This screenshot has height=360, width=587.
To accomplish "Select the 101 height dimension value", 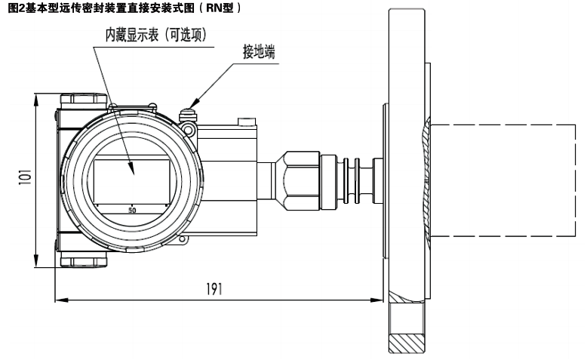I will point(23,180).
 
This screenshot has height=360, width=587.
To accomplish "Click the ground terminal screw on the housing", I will point(187,115).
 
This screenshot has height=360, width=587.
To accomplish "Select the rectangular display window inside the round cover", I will point(131,180).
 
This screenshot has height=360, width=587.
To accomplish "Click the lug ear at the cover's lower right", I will point(181,242).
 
